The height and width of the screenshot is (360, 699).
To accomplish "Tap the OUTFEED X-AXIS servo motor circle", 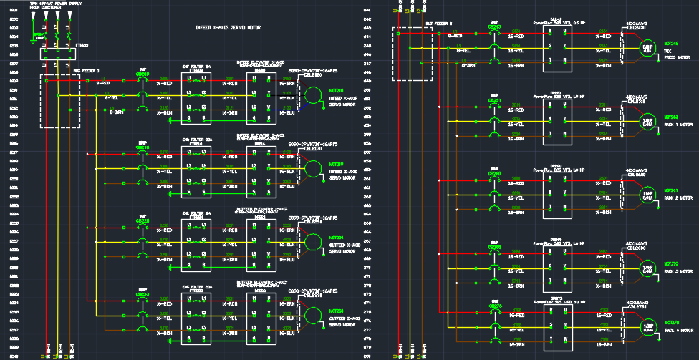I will pyautogui.click(x=312, y=243).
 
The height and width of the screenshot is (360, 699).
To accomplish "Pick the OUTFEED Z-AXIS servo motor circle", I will pyautogui.click(x=312, y=316).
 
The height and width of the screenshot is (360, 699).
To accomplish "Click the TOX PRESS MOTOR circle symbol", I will pyautogui.click(x=647, y=48).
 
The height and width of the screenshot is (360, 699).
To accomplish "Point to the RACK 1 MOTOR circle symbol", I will pyautogui.click(x=647, y=121).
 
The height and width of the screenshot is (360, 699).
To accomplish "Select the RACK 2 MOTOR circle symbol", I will pyautogui.click(x=647, y=195).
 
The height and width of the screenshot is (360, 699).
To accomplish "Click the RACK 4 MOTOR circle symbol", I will pyautogui.click(x=647, y=326).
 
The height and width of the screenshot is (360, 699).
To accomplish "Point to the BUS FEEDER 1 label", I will pyautogui.click(x=86, y=71).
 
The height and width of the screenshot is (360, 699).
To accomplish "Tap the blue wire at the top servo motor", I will pyautogui.click(x=290, y=108).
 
